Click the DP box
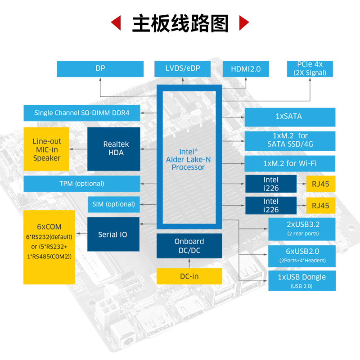[100, 69]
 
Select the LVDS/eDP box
[182, 69]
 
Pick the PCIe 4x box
[310, 69]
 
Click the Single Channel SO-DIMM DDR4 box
[81, 113]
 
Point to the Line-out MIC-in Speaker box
[46, 149]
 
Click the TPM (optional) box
[81, 184]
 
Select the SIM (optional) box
[113, 204]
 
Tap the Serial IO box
[112, 234]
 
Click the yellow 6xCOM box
[49, 247]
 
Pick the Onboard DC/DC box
[189, 246]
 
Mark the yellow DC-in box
[189, 276]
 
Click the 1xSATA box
[289, 117]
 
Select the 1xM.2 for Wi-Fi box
[289, 163]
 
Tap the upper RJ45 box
[320, 184]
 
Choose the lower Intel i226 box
[271, 206]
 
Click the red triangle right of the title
[243, 23]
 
